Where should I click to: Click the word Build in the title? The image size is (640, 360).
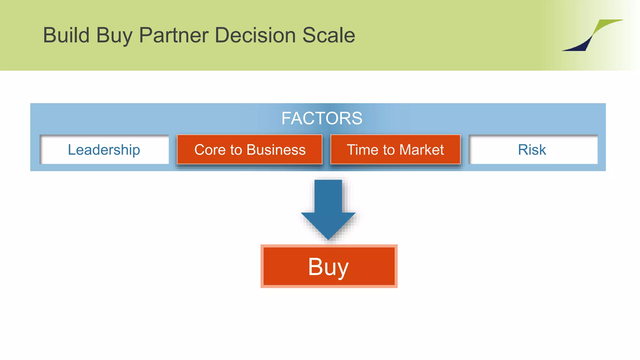(x=66, y=35)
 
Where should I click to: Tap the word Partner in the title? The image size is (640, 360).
(x=173, y=35)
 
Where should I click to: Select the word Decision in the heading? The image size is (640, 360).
(x=255, y=35)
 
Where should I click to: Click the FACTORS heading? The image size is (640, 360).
(x=322, y=118)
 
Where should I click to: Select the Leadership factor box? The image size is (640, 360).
(x=104, y=150)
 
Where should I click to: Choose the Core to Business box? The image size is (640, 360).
(x=250, y=150)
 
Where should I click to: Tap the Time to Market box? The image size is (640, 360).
(x=395, y=150)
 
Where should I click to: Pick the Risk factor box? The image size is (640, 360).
(x=533, y=150)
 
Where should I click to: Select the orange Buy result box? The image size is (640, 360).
(x=329, y=266)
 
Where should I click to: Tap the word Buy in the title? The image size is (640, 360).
(x=114, y=36)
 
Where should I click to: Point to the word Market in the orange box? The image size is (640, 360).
(x=422, y=150)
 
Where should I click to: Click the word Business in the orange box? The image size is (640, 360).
(x=276, y=150)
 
